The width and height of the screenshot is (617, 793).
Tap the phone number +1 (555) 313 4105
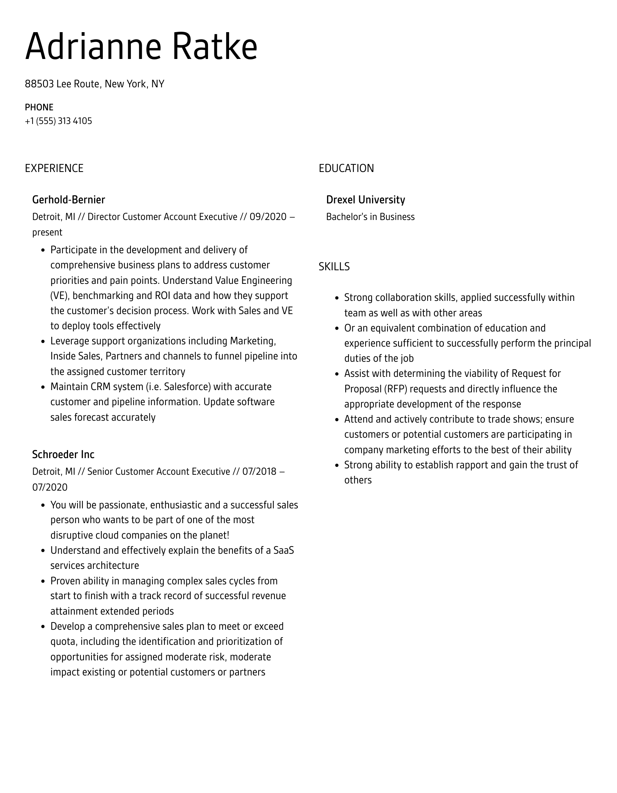tap(58, 121)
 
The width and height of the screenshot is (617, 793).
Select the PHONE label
tap(39, 107)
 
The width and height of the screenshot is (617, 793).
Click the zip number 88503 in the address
tap(39, 84)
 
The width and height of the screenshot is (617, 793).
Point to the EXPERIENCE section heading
tap(54, 168)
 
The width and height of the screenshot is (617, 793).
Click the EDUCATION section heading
tap(346, 168)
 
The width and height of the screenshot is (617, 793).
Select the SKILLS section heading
tap(334, 267)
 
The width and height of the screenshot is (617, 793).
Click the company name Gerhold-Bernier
tap(68, 200)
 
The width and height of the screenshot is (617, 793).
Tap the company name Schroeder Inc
tap(63, 454)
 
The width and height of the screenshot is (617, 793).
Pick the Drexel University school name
tap(365, 200)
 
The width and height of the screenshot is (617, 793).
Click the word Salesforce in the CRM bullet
tap(187, 387)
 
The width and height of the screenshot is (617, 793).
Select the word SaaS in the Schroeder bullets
tap(284, 550)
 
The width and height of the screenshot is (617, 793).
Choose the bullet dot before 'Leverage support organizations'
tap(43, 342)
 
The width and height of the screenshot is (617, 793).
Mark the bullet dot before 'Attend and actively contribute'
tap(336, 420)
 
